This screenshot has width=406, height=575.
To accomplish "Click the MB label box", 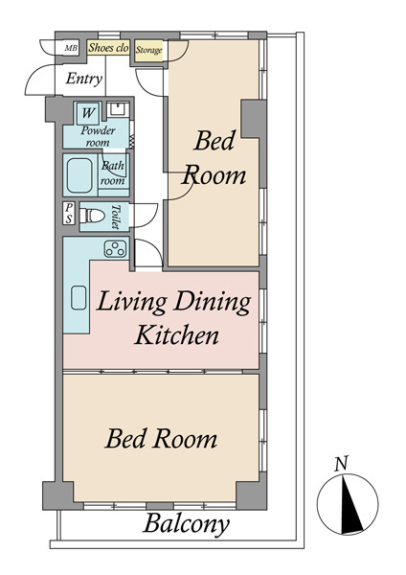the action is tap(71, 48).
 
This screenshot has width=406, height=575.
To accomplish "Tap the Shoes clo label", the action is tap(108, 48).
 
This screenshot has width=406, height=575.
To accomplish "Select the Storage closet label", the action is tap(148, 50).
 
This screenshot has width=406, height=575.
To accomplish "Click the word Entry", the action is tap(84, 79).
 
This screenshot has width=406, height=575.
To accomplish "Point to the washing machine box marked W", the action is tap(88, 112).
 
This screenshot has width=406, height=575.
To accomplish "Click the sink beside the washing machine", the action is tap(118, 109).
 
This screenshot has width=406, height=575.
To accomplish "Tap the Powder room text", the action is tap(98, 136).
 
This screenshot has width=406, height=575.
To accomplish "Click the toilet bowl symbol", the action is tap(92, 216).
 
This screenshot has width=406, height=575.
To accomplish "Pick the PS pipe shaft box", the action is tap(69, 213).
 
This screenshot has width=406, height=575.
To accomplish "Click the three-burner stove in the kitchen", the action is tap(116, 248).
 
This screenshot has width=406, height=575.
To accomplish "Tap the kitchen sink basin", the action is tap(79, 298).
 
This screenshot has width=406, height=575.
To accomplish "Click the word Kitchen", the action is tap(177, 334).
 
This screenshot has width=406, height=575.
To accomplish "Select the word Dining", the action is tap(213, 303).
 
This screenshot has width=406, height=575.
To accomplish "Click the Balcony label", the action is tap(186, 524).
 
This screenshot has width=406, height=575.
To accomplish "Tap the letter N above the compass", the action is tap(342, 464).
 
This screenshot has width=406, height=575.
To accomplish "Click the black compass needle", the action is tap(350, 503).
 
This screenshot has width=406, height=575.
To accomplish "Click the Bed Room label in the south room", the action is tap(161, 439).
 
